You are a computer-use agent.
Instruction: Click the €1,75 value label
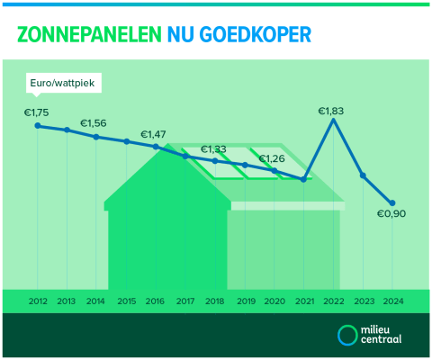click(x=37, y=112)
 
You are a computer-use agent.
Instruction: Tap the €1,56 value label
click(x=94, y=123)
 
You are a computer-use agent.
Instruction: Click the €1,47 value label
click(x=153, y=134)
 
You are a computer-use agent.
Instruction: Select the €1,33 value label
click(x=213, y=148)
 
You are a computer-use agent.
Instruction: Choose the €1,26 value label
click(x=272, y=159)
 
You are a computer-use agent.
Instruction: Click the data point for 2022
click(x=334, y=121)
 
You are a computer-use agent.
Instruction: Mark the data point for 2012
click(x=38, y=126)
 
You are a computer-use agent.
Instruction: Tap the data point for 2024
click(x=392, y=202)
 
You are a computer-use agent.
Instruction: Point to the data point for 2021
click(x=304, y=179)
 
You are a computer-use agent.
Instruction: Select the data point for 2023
click(x=363, y=175)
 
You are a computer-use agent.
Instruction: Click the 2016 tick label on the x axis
click(x=156, y=301)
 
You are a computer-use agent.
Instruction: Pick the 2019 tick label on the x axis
click(x=246, y=301)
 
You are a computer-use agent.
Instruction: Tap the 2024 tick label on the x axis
click(x=392, y=301)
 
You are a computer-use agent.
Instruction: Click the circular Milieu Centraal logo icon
click(x=346, y=335)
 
